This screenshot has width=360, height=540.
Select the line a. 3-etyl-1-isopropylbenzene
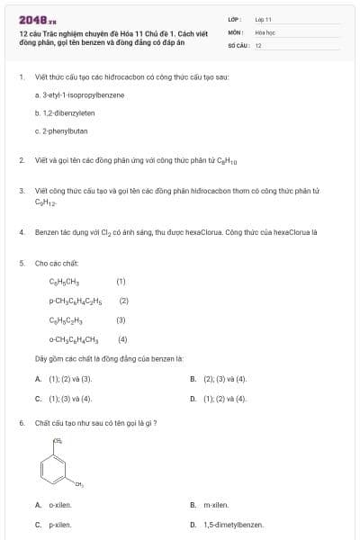pyautogui.click(x=79, y=94)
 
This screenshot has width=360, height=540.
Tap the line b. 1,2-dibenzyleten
pyautogui.click(x=65, y=113)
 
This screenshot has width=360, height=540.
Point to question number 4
pyautogui.click(x=21, y=231)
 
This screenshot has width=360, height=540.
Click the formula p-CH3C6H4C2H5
pyautogui.click(x=76, y=301)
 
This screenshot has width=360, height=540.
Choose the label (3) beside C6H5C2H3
pyautogui.click(x=121, y=319)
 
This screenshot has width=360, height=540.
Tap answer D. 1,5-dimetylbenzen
pyautogui.click(x=227, y=524)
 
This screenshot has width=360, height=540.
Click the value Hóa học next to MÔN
pyautogui.click(x=264, y=31)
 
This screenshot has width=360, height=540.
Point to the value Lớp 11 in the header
pyautogui.click(x=263, y=18)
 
